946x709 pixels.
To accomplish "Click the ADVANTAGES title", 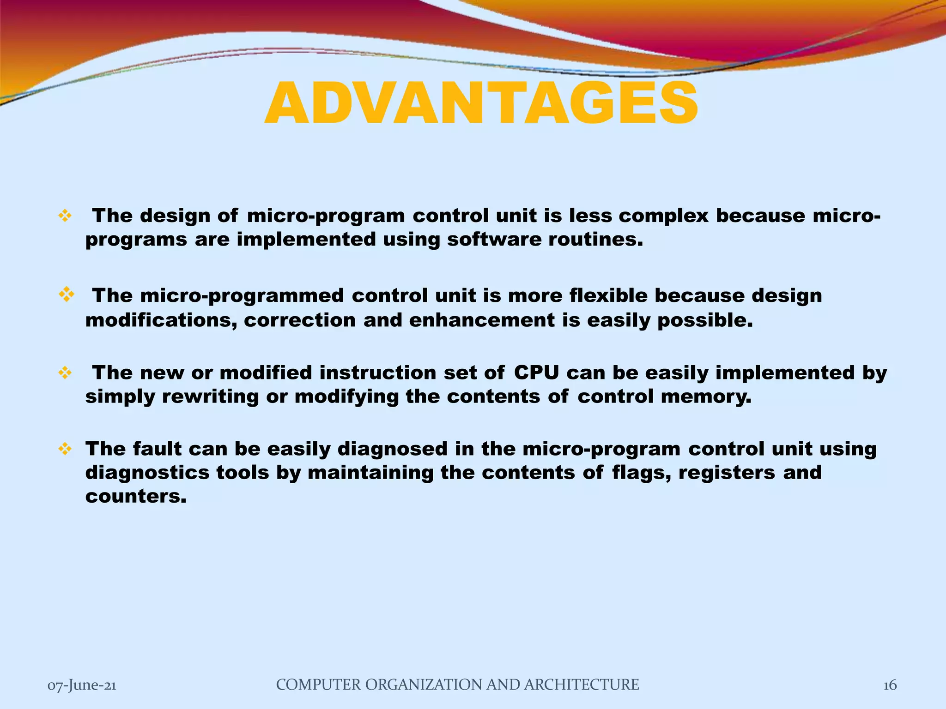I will [x=481, y=104].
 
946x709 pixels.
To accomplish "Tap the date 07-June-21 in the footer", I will [x=82, y=685].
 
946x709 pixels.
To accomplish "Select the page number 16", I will [x=890, y=685].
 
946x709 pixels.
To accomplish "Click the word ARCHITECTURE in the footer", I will [x=582, y=685].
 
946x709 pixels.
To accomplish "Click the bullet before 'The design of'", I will [x=65, y=216].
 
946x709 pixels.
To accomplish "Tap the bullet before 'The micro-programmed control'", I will [x=67, y=294].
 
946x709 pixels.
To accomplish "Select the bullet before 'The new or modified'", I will [x=65, y=373].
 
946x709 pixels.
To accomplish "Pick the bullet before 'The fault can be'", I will [x=65, y=449].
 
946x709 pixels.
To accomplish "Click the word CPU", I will [x=536, y=373].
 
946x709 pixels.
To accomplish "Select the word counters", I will [x=136, y=497].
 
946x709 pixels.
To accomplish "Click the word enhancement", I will [x=482, y=320].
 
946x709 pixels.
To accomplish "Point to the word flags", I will [x=641, y=473].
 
